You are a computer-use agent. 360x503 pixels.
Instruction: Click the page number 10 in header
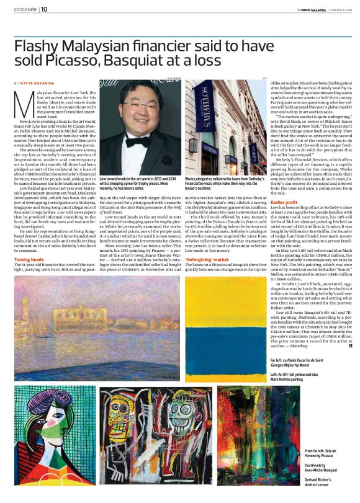(45, 9)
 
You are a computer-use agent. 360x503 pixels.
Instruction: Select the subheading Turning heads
(29, 276)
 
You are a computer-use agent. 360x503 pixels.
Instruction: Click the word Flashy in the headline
(38, 45)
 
